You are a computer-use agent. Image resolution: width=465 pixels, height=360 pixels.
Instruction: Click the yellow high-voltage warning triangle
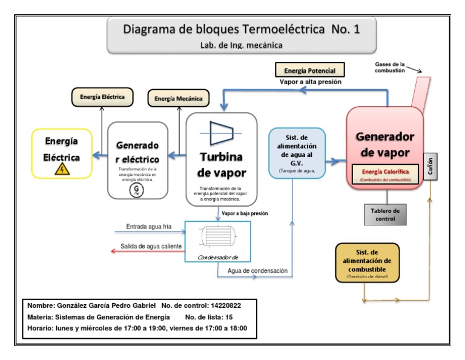(x=62, y=169)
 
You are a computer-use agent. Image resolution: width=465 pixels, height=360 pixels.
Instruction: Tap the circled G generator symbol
(x=137, y=190)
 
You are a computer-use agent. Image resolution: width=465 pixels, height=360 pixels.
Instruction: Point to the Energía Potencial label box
(x=309, y=70)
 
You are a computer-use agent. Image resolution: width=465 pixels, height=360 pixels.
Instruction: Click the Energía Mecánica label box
(x=179, y=98)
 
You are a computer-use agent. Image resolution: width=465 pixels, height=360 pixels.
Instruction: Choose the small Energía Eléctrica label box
(x=102, y=96)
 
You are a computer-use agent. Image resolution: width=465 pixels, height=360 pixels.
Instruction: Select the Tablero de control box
(x=384, y=214)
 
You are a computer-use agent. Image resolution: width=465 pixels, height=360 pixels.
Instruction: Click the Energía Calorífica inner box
(x=386, y=174)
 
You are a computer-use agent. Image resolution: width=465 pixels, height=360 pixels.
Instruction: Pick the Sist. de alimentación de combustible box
(x=368, y=262)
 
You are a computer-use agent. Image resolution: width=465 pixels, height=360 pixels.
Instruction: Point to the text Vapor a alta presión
(x=311, y=82)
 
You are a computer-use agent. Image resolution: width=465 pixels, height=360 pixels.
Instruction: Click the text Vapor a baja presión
(x=245, y=213)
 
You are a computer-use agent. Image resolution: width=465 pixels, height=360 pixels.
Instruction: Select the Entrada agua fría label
(x=149, y=227)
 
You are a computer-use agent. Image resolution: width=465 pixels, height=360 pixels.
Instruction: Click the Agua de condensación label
(x=257, y=270)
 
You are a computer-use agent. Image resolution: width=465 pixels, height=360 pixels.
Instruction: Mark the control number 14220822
(x=234, y=305)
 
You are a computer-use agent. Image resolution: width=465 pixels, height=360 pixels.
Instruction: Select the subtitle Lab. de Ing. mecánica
(x=242, y=44)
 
